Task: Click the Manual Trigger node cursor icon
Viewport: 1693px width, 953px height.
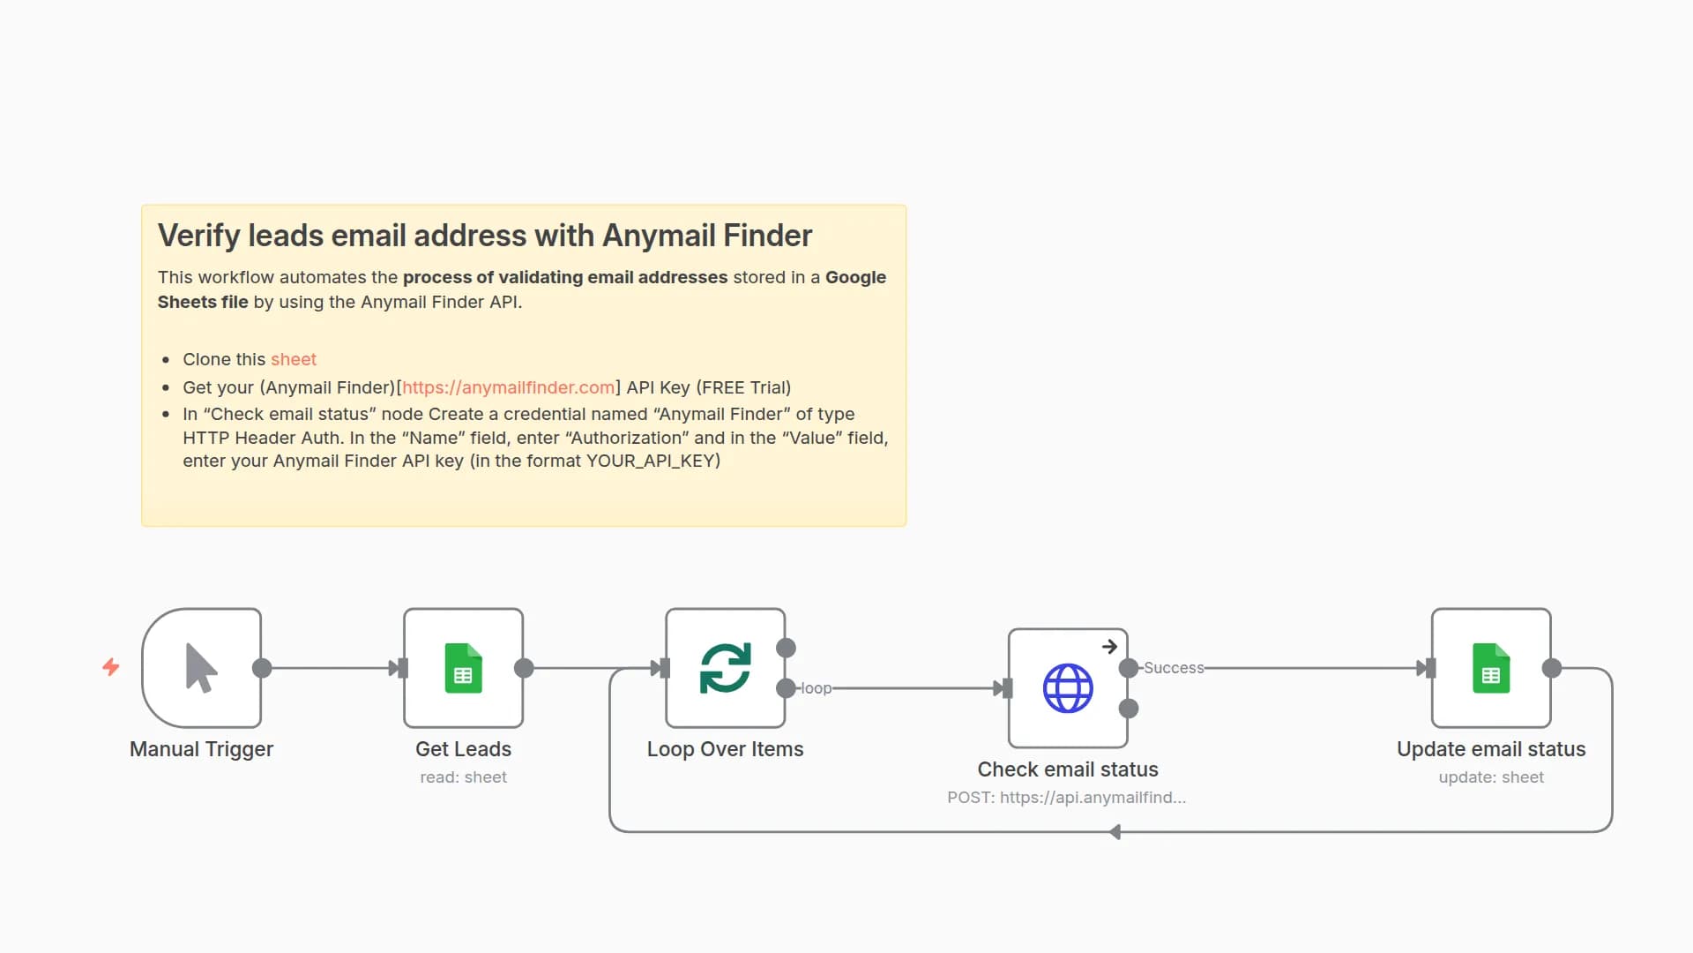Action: [x=201, y=668]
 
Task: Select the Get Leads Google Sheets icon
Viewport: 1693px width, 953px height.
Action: [x=463, y=668]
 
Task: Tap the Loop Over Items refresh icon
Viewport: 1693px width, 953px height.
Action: [x=725, y=668]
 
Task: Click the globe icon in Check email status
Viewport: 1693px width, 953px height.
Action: [x=1068, y=688]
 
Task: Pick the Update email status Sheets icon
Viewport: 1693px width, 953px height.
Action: [x=1491, y=668]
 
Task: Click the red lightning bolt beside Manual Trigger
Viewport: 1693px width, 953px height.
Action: [x=111, y=667]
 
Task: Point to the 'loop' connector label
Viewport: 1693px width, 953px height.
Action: [x=816, y=688]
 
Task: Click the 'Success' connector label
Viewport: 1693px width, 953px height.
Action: [x=1174, y=668]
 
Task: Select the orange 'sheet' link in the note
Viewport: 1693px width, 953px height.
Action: [x=293, y=359]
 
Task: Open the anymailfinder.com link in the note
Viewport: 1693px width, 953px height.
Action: [x=508, y=387]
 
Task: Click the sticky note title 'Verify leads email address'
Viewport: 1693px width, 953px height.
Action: [x=484, y=236]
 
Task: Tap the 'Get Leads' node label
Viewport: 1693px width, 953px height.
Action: [x=463, y=749]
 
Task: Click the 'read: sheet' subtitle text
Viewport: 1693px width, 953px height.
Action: [x=463, y=777]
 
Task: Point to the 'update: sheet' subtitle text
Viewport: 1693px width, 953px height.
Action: [x=1491, y=777]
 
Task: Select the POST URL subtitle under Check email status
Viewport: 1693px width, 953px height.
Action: [x=1066, y=798]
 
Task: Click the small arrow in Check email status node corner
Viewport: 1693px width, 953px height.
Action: [x=1109, y=647]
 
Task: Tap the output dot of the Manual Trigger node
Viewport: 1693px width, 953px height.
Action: [x=262, y=668]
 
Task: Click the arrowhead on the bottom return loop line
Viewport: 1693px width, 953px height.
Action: [x=1115, y=832]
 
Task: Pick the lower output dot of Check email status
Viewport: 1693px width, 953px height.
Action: [x=1129, y=709]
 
